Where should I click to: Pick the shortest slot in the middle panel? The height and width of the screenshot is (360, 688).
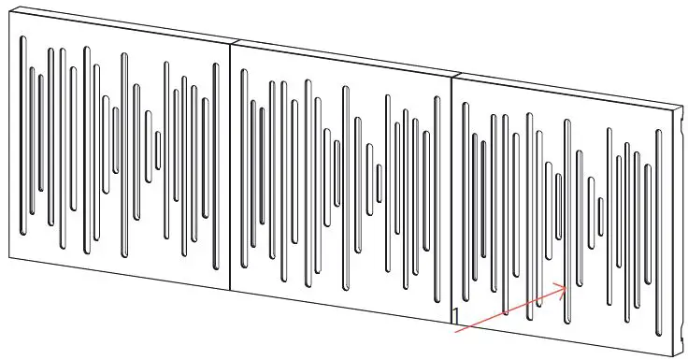(x=379, y=182)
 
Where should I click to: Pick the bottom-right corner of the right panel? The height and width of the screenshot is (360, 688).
(x=675, y=353)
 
